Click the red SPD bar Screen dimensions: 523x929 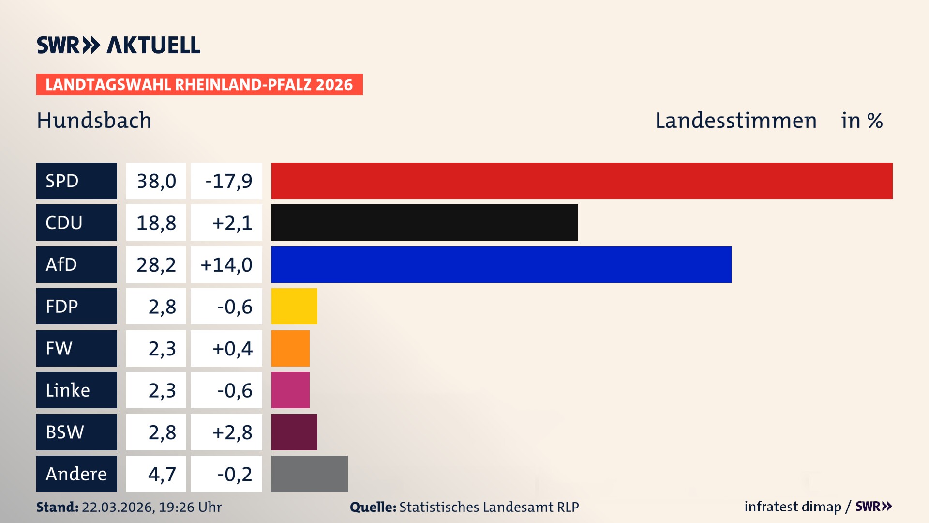tap(582, 181)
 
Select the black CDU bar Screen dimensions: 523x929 tap(424, 222)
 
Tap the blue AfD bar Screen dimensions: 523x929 tap(501, 264)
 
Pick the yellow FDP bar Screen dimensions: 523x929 tap(294, 306)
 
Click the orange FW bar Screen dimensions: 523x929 tap(290, 348)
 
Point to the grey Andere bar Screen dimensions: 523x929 tap(309, 474)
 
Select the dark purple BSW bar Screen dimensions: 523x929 tap(294, 432)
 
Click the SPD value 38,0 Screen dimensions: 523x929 tap(156, 181)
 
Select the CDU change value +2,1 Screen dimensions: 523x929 tap(232, 223)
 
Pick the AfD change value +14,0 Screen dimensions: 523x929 tap(226, 265)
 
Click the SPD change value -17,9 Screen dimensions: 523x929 tap(228, 181)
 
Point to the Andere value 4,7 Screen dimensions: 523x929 tap(162, 474)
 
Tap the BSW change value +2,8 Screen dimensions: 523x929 tap(232, 432)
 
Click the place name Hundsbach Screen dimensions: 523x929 tap(94, 121)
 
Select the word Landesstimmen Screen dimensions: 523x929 tap(735, 121)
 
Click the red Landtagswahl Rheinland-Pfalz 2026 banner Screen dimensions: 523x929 tap(199, 85)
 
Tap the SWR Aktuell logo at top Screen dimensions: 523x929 tap(118, 45)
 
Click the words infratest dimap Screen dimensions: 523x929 tap(792, 507)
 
